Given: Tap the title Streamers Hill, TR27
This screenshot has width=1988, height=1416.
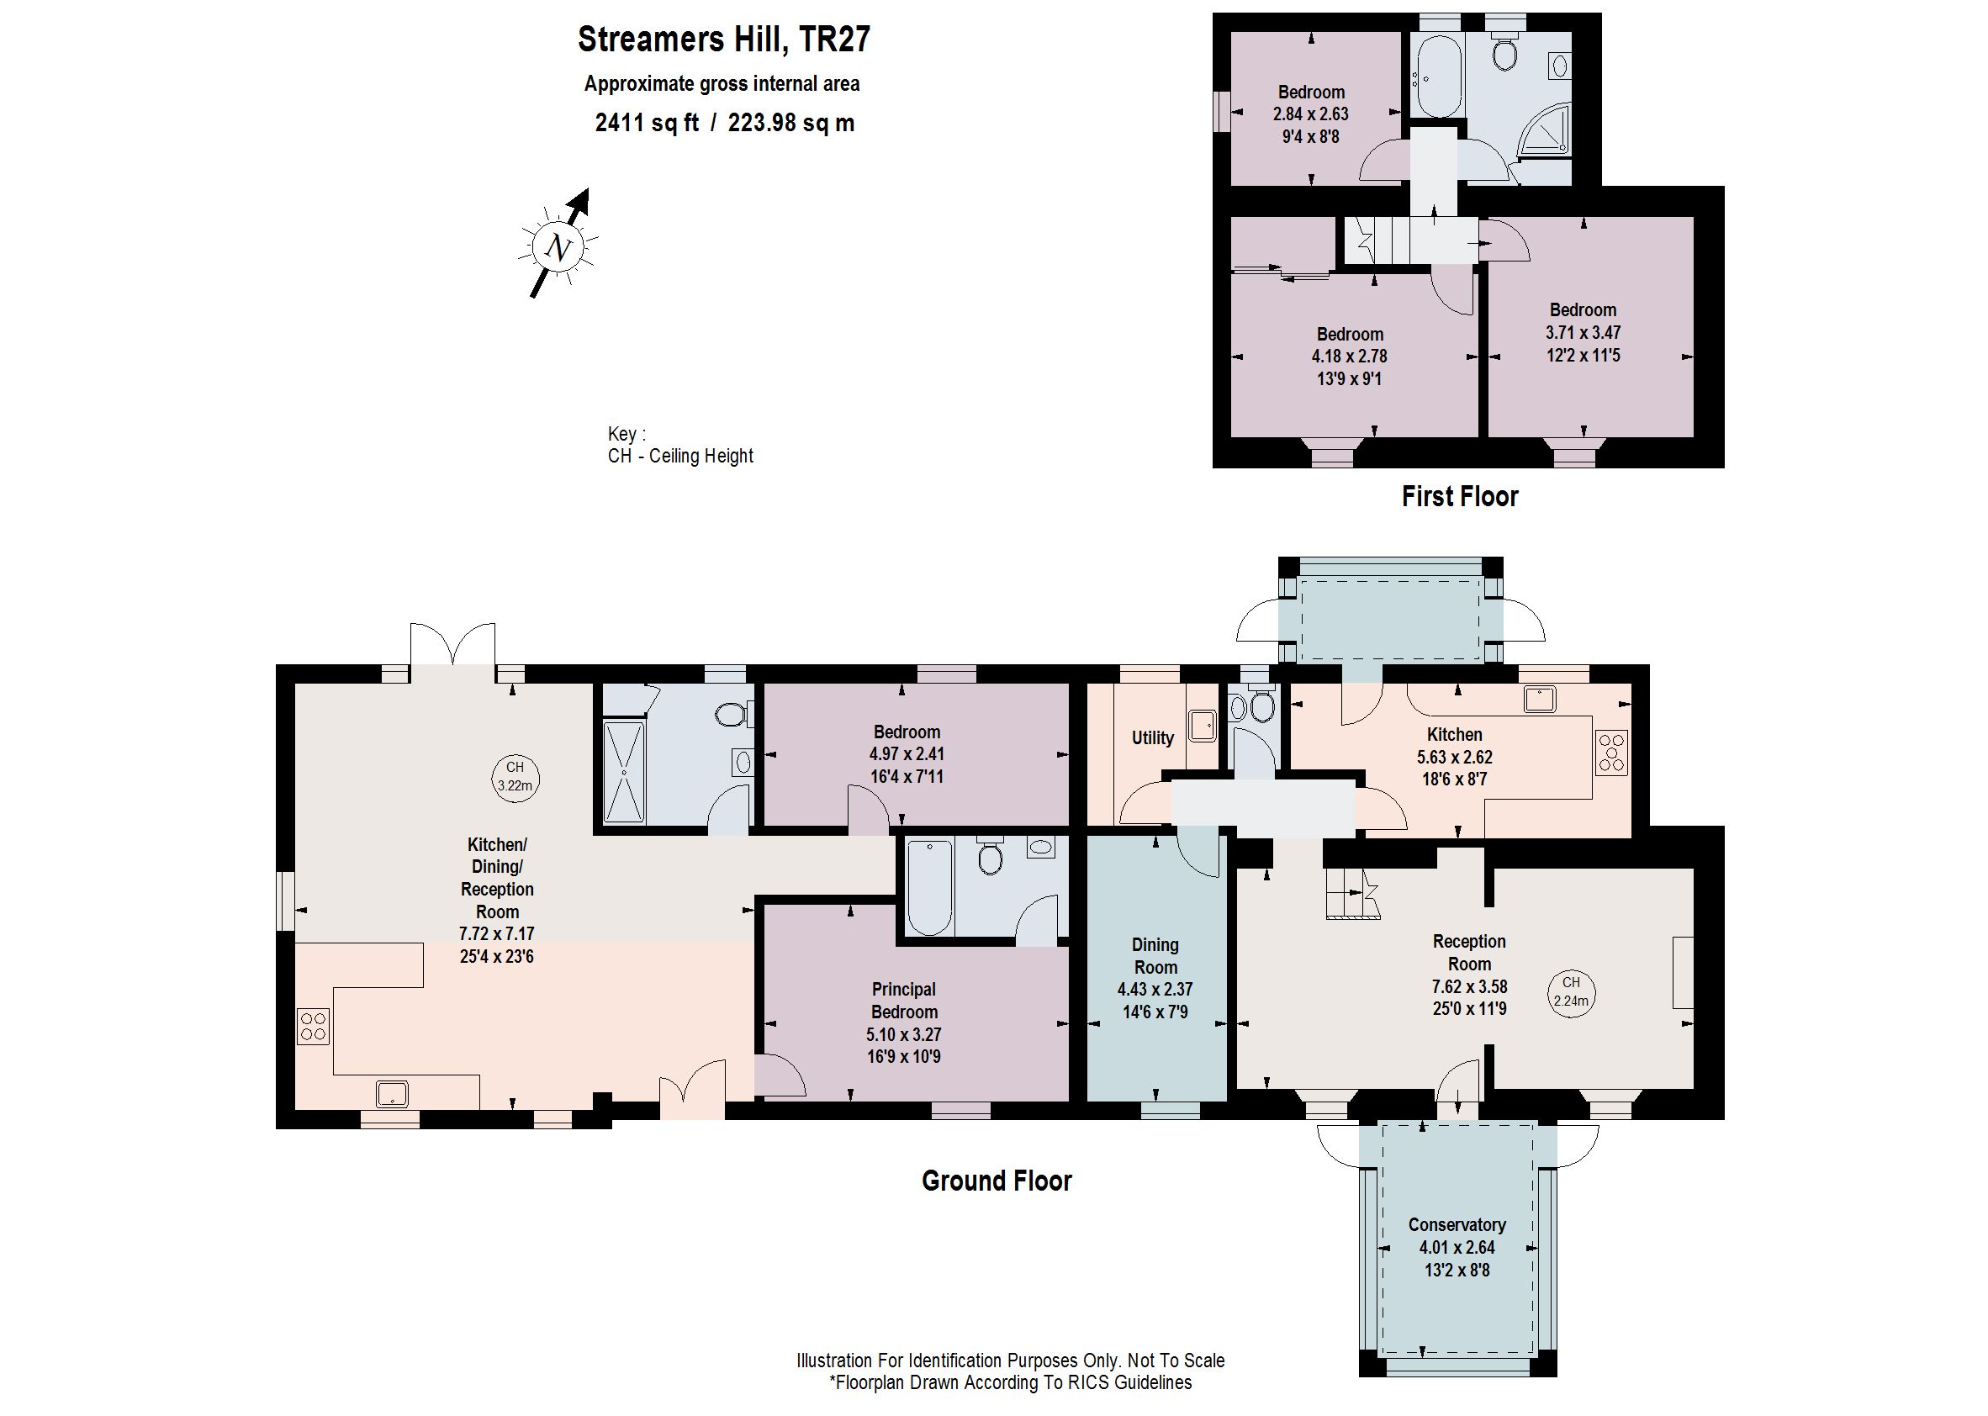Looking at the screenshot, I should (x=724, y=40).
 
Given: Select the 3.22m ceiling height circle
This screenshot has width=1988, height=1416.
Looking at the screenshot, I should (x=515, y=776).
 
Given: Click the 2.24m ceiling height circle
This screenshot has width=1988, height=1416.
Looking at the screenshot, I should (x=1570, y=992).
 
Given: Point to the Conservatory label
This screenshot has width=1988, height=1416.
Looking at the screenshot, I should (x=1457, y=1224).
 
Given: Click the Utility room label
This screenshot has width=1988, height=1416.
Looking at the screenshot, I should (x=1152, y=737).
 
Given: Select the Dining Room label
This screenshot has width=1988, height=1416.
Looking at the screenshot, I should (x=1155, y=955).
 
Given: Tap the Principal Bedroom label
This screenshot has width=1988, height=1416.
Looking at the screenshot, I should (x=903, y=1000).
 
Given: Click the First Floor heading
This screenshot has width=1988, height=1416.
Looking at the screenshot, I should (x=1460, y=496).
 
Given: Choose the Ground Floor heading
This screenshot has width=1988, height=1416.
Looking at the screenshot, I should (x=997, y=1181).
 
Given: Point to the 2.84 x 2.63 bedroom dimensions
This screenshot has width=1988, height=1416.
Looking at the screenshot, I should (x=1310, y=114).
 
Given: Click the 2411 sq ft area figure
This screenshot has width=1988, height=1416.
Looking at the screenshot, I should (x=647, y=122).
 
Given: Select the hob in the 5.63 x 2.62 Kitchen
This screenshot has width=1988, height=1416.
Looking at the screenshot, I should (x=1611, y=752).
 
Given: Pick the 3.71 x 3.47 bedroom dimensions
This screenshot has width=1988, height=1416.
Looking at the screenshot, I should (x=1583, y=332).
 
